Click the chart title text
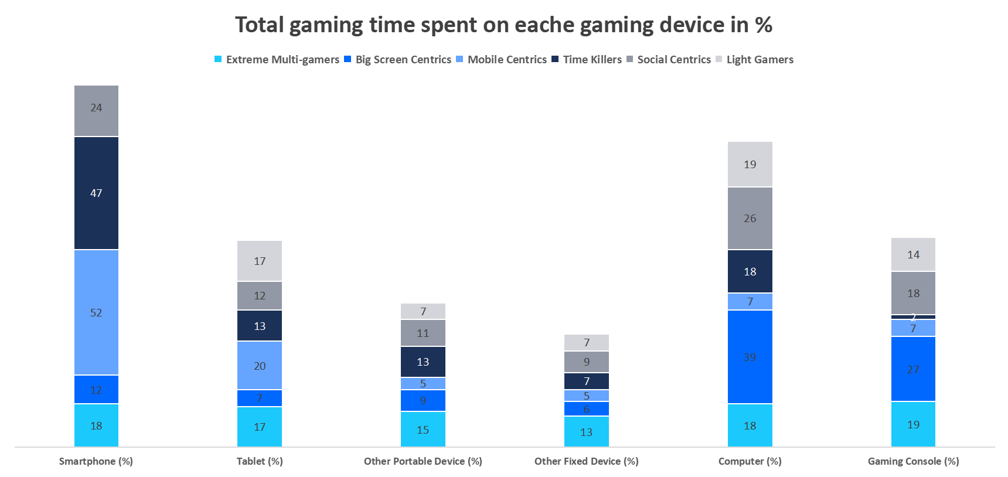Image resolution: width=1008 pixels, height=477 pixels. pyautogui.click(x=503, y=25)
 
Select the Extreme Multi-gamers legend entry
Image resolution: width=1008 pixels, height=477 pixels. pyautogui.click(x=276, y=59)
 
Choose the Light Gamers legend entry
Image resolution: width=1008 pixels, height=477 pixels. pyautogui.click(x=754, y=59)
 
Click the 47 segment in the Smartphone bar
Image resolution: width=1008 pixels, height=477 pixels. pyautogui.click(x=96, y=193)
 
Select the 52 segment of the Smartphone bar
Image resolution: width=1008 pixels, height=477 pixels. pyautogui.click(x=96, y=312)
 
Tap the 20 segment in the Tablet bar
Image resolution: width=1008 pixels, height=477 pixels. pyautogui.click(x=260, y=365)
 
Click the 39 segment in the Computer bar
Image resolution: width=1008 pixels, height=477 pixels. pyautogui.click(x=750, y=356)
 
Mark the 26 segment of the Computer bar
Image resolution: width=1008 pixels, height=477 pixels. pyautogui.click(x=750, y=218)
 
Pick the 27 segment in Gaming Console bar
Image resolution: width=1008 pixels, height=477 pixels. pyautogui.click(x=913, y=369)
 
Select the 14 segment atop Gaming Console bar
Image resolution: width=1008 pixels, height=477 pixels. pyautogui.click(x=913, y=254)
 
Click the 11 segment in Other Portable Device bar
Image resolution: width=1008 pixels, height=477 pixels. pyautogui.click(x=423, y=333)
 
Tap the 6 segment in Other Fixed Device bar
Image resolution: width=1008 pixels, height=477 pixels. pyautogui.click(x=586, y=408)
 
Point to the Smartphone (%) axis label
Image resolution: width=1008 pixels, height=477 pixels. pyautogui.click(x=96, y=461)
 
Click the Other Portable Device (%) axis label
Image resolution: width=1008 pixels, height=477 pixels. pyautogui.click(x=423, y=461)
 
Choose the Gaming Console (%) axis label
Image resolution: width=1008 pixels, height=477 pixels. pyautogui.click(x=913, y=461)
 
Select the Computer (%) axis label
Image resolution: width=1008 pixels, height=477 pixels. pyautogui.click(x=750, y=461)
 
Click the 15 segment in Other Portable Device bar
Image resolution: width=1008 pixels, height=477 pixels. pyautogui.click(x=423, y=429)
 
